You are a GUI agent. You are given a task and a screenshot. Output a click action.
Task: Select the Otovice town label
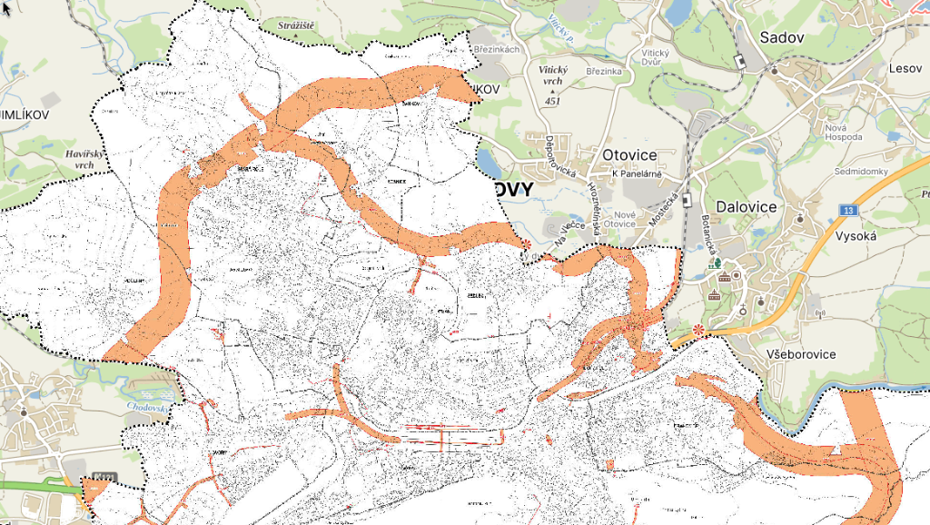click(629, 154)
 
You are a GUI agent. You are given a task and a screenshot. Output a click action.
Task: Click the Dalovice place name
click(746, 206)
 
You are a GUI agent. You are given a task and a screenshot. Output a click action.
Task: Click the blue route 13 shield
click(847, 211)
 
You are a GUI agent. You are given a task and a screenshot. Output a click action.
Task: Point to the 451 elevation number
click(552, 101)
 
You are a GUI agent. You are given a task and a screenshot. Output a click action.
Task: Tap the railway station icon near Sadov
click(740, 62)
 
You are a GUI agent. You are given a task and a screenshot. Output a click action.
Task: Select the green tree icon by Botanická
click(717, 262)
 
